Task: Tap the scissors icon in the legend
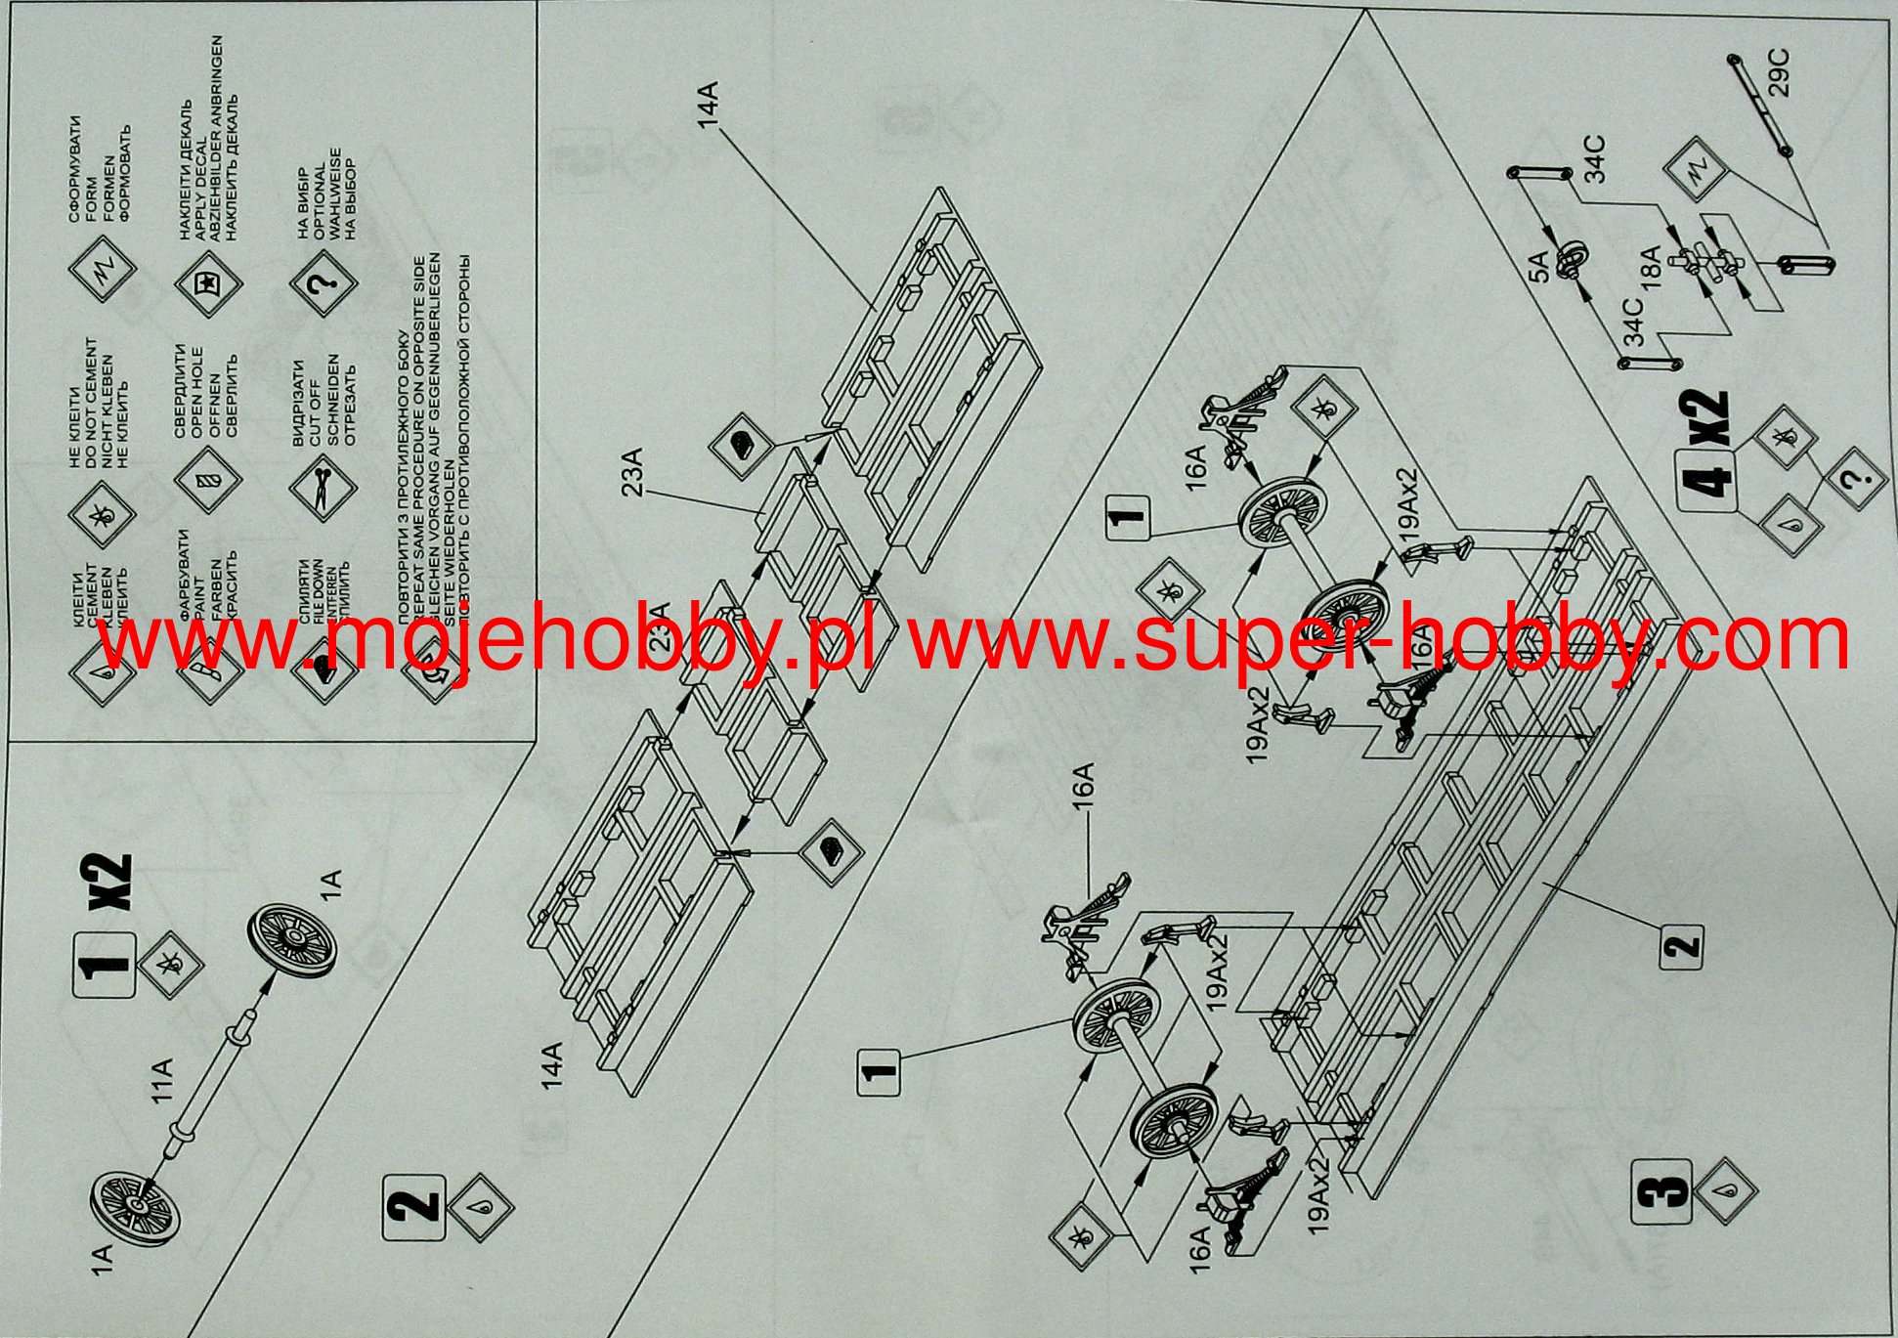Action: tap(321, 486)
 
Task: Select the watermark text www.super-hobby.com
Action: tap(1378, 640)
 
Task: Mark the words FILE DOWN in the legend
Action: tap(320, 595)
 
